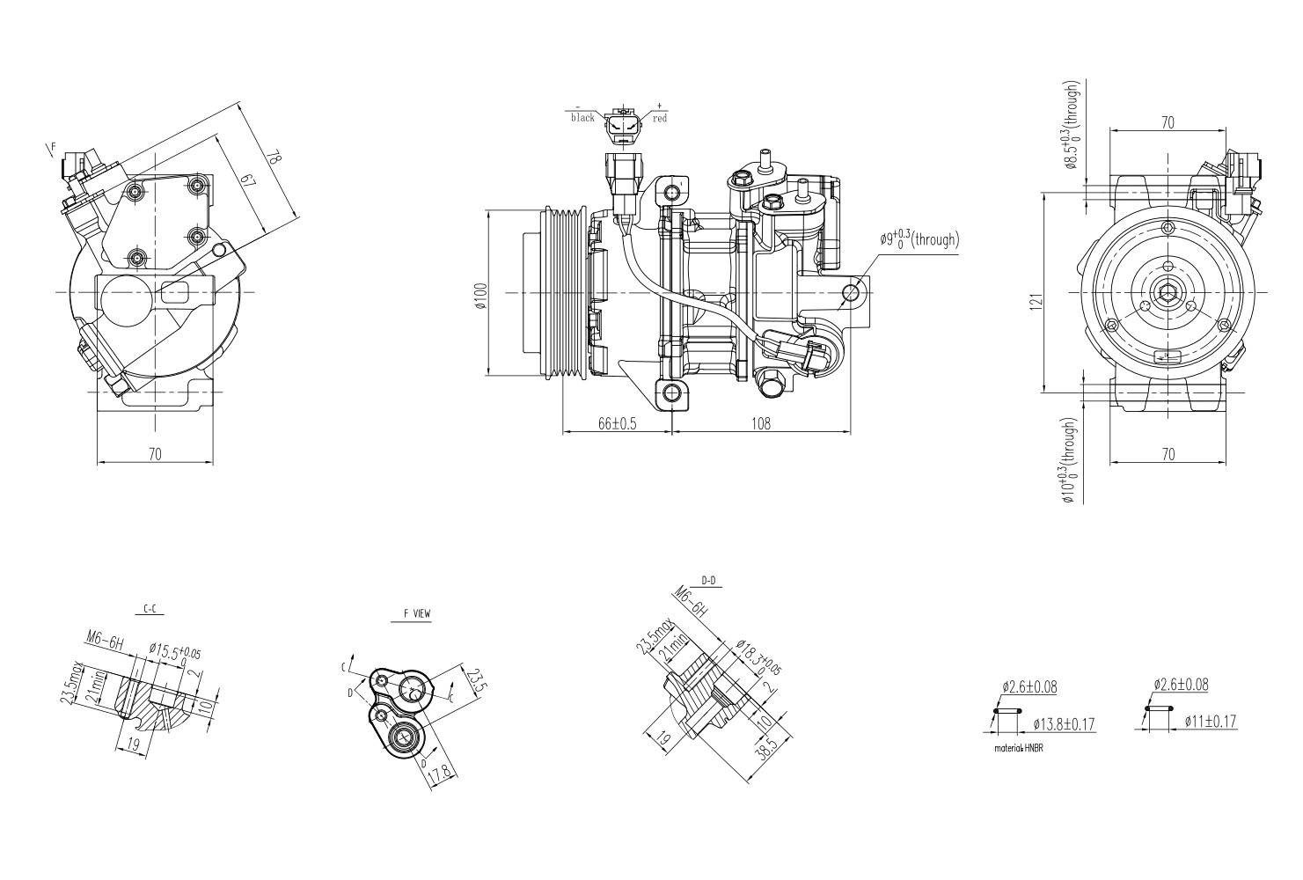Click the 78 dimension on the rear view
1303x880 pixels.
[275, 158]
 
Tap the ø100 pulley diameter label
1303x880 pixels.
[479, 296]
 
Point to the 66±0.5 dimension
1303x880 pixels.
[617, 423]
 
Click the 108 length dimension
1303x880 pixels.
[761, 423]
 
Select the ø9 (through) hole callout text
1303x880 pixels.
[919, 239]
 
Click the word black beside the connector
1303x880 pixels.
[582, 118]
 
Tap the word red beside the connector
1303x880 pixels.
[659, 118]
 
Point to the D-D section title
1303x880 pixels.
[708, 581]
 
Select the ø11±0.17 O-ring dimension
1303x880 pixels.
[1210, 722]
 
